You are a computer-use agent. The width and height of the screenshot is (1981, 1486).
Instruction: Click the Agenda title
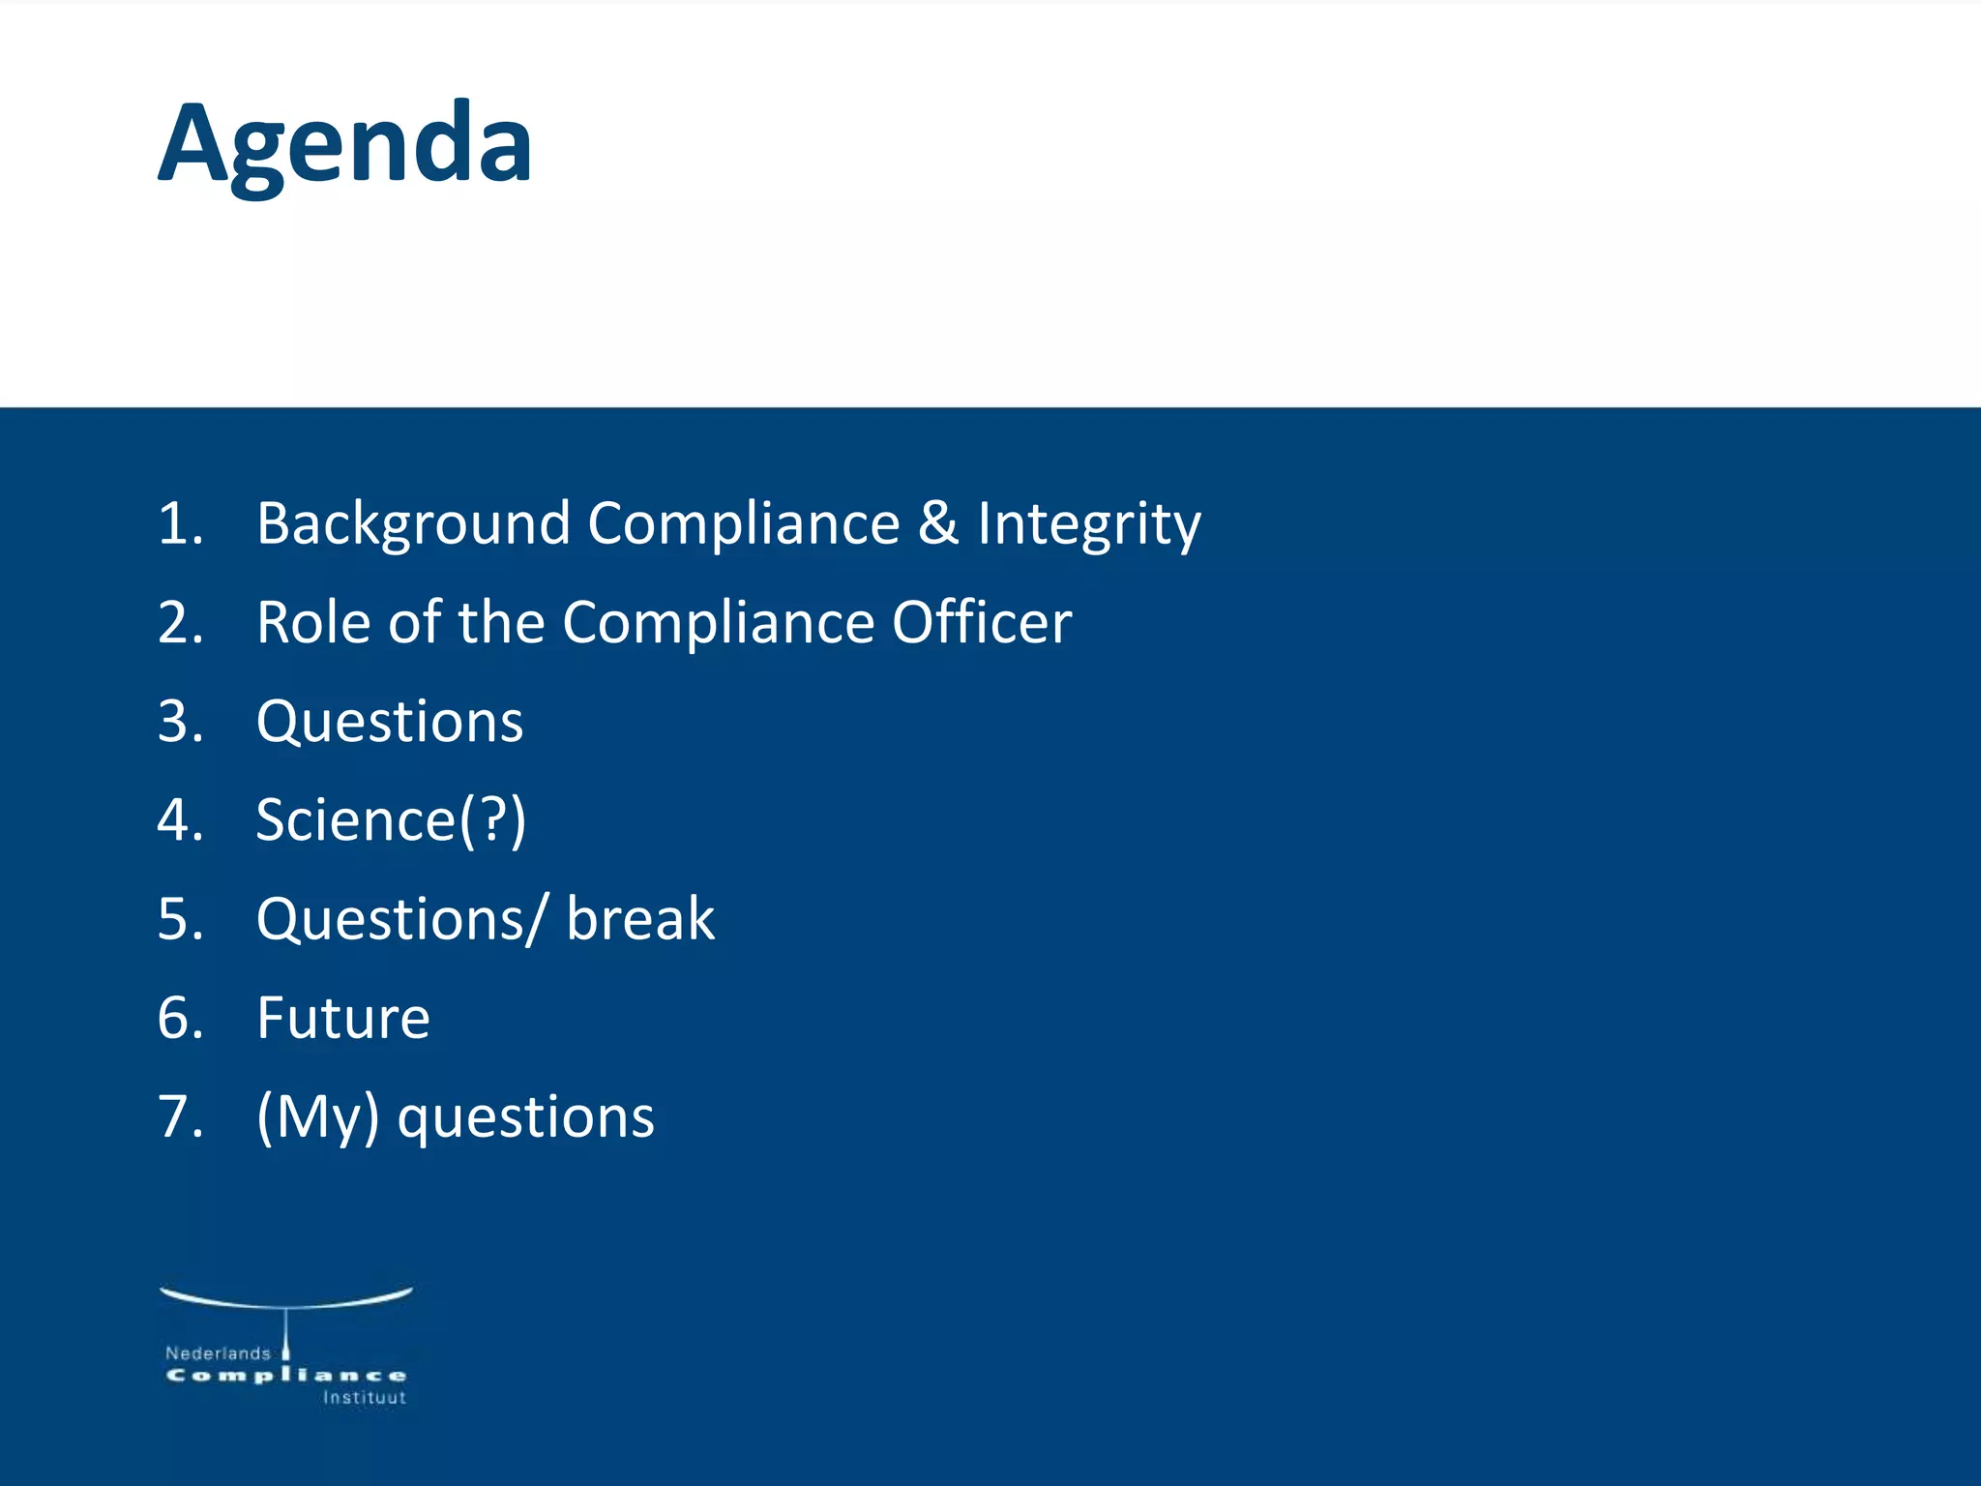coord(344,145)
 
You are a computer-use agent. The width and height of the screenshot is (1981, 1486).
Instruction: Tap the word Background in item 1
coord(413,525)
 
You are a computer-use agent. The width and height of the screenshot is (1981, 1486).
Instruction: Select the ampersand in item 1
coord(936,523)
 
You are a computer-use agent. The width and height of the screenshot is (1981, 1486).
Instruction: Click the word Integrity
coord(1088,525)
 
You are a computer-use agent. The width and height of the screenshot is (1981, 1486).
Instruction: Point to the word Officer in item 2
coord(981,622)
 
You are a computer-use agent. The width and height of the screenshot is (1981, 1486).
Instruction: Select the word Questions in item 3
coord(390,723)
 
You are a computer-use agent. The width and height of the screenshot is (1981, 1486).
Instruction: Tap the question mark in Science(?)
coord(492,820)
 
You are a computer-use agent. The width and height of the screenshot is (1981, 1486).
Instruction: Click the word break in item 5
coord(640,919)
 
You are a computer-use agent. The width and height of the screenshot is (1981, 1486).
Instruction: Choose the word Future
coord(343,1018)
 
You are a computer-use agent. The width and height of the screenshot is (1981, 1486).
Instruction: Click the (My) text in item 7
coord(317,1117)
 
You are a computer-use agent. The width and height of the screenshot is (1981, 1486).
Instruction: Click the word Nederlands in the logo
coord(218,1353)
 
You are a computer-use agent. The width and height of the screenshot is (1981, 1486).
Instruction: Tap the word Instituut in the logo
coord(364,1398)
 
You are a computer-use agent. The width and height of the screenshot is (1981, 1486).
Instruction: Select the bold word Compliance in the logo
coord(285,1376)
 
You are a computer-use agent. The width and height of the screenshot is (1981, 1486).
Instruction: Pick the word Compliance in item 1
coord(743,525)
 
